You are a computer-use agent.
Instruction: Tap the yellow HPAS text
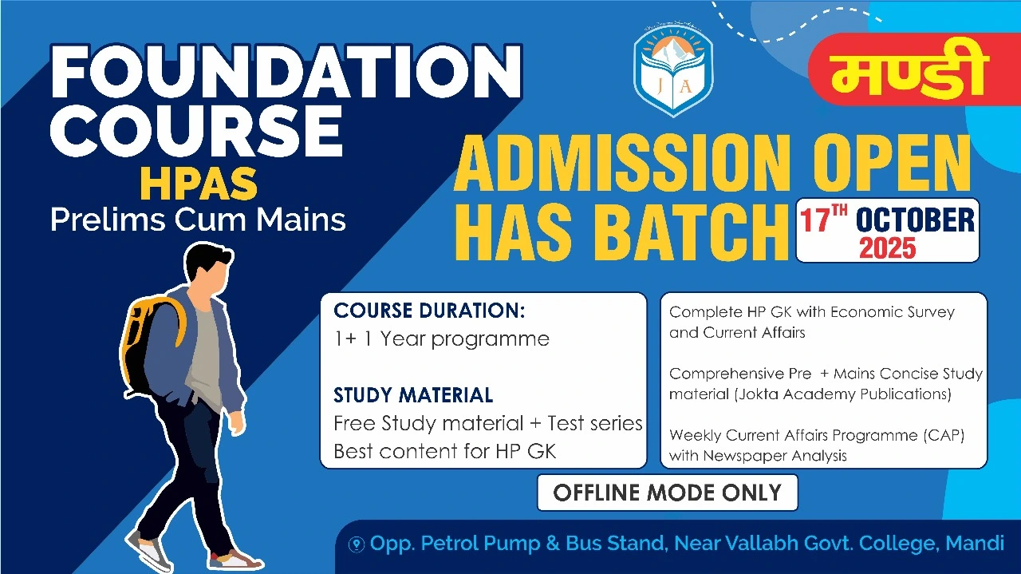point(199,184)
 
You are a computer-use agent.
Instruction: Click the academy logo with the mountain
point(673,70)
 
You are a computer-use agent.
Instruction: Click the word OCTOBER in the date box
point(915,220)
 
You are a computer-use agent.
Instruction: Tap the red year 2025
point(887,248)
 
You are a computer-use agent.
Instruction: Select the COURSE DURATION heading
point(429,311)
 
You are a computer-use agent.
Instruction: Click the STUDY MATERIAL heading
point(413,395)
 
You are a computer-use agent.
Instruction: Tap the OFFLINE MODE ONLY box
point(667,493)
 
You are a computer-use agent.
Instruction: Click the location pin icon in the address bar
point(357,544)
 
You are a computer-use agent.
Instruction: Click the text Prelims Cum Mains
point(198,220)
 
